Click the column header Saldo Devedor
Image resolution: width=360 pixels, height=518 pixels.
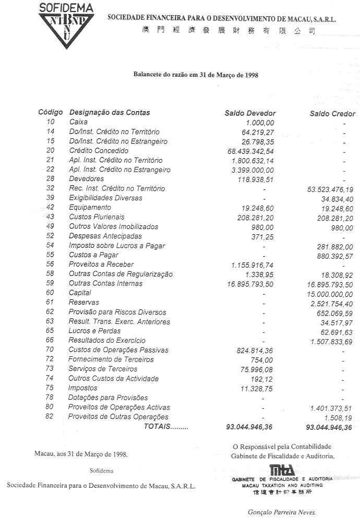coord(250,113)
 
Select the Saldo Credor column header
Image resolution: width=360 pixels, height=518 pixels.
coord(332,114)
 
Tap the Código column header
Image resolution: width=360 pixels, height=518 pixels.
coord(51,113)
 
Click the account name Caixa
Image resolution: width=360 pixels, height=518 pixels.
coord(78,122)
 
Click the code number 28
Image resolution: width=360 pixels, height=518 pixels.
coord(50,179)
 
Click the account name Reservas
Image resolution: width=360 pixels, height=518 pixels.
coord(83,303)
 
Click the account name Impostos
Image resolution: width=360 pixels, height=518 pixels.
coord(82,388)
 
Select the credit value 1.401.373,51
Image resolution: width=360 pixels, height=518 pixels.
coord(331,407)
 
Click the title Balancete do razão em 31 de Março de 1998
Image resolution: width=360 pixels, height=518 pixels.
coord(196,75)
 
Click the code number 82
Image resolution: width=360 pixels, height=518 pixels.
coord(50,417)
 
